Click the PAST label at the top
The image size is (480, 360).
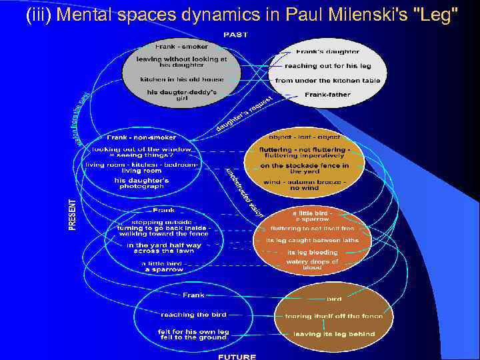point(235,34)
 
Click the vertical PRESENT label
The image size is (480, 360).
point(73,215)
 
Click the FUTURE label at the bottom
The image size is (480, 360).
point(237,357)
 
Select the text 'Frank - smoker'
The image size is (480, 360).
point(181,47)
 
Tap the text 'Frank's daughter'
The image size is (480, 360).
point(327,51)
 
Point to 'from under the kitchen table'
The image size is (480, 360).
point(327,81)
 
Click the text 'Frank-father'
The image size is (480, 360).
point(327,95)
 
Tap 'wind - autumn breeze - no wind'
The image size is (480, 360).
point(304,185)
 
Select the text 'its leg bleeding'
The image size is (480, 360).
point(312,253)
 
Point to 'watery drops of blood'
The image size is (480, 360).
point(312,264)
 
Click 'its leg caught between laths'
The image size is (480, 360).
point(312,240)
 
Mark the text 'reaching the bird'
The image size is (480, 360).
point(193,314)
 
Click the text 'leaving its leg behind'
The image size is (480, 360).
point(334,334)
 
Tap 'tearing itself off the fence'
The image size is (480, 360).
point(334,316)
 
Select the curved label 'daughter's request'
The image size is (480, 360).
point(244,114)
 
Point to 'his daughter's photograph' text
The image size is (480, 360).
point(142,183)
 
